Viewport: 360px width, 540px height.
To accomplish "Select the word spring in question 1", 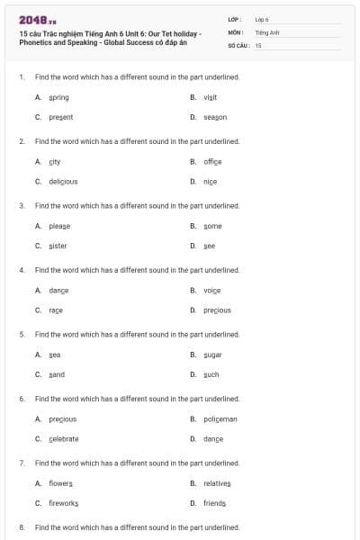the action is coord(58,97).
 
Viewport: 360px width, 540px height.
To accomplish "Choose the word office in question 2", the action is coord(212,162).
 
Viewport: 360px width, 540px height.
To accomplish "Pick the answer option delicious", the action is coord(63,182).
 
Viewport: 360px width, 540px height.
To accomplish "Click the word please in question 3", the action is coord(59,226).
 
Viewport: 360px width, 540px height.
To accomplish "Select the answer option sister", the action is coord(58,246).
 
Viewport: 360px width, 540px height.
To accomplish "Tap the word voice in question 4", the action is coord(211,291).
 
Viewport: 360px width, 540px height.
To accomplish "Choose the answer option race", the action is coord(56,310).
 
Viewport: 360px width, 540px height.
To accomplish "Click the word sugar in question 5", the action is coord(212,355).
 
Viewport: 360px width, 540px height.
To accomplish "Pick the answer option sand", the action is coord(57,374).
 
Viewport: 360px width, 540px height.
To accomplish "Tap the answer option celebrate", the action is coord(64,439).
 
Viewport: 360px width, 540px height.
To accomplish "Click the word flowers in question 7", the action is coord(61,483).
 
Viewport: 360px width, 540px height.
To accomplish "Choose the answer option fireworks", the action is coord(64,503).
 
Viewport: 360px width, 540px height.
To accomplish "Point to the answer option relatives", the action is coord(217,483).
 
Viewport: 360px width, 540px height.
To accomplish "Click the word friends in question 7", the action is coord(214,503).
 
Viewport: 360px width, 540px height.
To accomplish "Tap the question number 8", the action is coord(22,526).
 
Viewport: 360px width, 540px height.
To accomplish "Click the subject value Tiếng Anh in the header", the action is coord(267,32).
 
